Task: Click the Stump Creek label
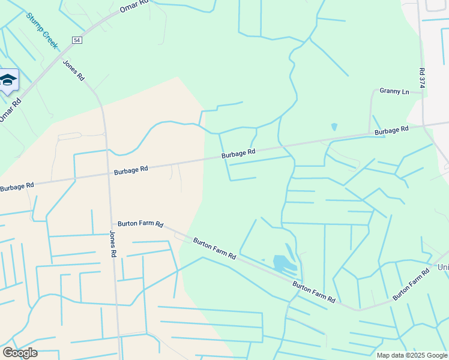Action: pyautogui.click(x=42, y=31)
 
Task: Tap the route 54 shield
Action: pyautogui.click(x=76, y=40)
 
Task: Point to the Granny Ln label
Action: pyautogui.click(x=394, y=91)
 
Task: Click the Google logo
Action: pyautogui.click(x=20, y=352)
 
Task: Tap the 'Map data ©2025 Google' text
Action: pyautogui.click(x=411, y=355)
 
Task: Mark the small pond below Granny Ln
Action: pyautogui.click(x=334, y=127)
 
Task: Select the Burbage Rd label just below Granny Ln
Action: pyautogui.click(x=391, y=130)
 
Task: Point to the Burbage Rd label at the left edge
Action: pyautogui.click(x=17, y=187)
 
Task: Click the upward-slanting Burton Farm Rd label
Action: pyautogui.click(x=411, y=284)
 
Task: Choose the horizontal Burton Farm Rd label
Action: pyautogui.click(x=140, y=223)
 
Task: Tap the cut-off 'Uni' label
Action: pyautogui.click(x=443, y=267)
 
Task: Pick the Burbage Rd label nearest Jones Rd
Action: pyautogui.click(x=131, y=170)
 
